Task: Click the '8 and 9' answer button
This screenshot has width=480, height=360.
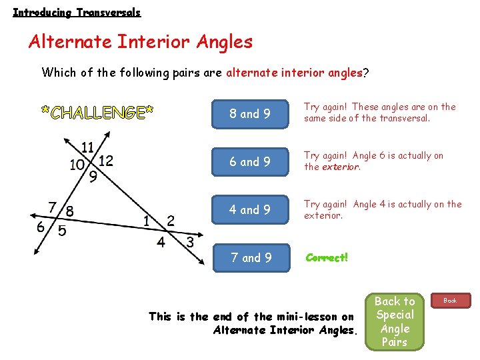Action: [x=250, y=113]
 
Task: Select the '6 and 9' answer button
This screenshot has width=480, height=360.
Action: [x=250, y=161]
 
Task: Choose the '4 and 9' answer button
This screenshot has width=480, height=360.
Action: [x=250, y=209]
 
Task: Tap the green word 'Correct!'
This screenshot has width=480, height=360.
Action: [x=327, y=257]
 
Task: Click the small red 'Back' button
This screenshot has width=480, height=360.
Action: [x=451, y=301]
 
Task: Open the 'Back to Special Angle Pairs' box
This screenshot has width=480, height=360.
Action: [x=395, y=321]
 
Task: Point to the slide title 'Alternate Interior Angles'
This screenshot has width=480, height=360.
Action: [x=141, y=42]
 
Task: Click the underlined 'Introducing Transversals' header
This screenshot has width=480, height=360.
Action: [x=77, y=12]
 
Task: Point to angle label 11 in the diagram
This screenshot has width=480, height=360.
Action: [x=87, y=147]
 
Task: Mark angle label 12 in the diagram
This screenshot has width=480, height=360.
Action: [x=105, y=161]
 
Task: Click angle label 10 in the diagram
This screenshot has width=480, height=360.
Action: [x=77, y=165]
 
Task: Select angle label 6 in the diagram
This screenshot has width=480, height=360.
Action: [x=41, y=227]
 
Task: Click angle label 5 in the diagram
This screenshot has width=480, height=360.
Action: [x=61, y=231]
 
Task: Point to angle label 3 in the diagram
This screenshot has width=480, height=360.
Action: [x=190, y=242]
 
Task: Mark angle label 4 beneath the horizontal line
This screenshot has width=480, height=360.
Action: [x=161, y=241]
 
